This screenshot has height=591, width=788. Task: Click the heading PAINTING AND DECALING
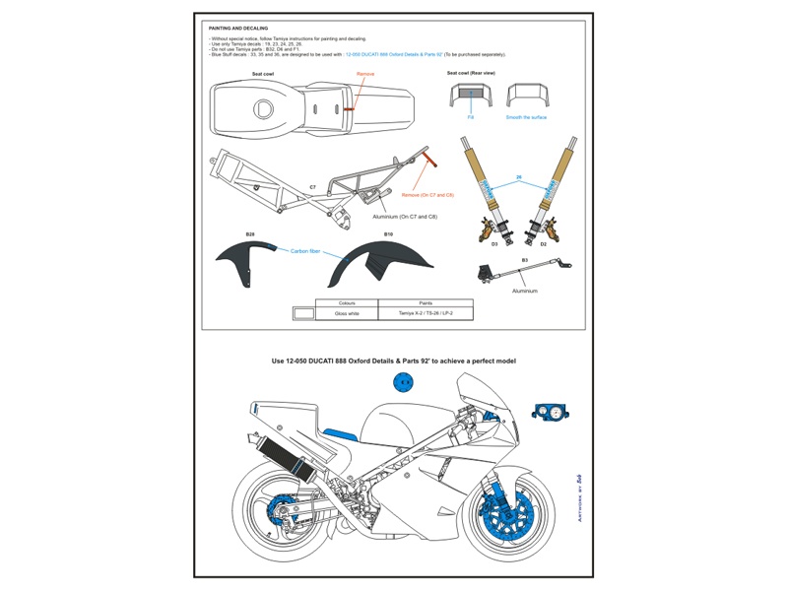coord(237,29)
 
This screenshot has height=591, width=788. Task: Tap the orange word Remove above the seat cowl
coord(364,73)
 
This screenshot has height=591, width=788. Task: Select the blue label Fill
coord(470,117)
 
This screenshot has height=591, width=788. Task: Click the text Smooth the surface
coord(526,117)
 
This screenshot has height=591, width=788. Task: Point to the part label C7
coord(312,186)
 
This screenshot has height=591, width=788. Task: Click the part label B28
coord(250,234)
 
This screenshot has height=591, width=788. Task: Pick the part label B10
coord(388,234)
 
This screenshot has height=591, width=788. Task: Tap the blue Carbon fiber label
coord(305,251)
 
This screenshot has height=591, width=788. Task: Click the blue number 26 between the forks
coord(518,177)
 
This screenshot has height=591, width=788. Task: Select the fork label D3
coord(494,244)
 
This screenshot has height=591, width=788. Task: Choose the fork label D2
coord(543,244)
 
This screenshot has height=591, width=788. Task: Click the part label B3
coord(525,259)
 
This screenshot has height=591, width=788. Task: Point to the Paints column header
coord(426,302)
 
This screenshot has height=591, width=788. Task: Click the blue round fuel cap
coord(404,382)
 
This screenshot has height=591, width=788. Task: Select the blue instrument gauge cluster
coord(548,413)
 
